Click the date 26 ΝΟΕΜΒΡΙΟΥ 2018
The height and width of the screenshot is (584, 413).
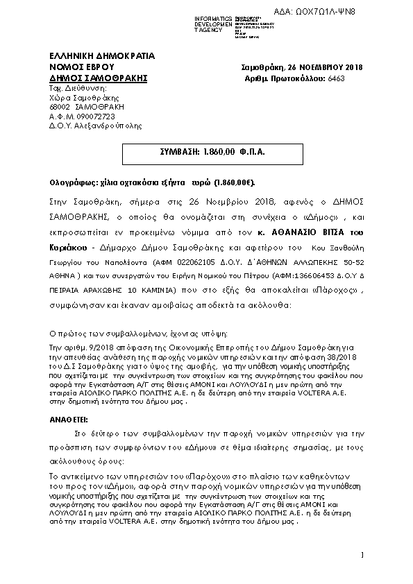pyautogui.click(x=325, y=67)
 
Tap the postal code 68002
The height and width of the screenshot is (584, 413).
pyautogui.click(x=60, y=107)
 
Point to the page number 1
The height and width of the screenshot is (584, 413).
pyautogui.click(x=362, y=555)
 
